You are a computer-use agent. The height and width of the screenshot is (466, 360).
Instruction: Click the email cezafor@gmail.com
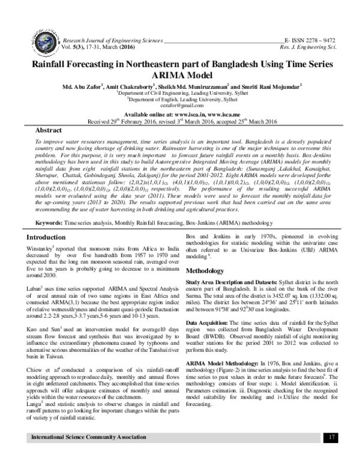(179, 104)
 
